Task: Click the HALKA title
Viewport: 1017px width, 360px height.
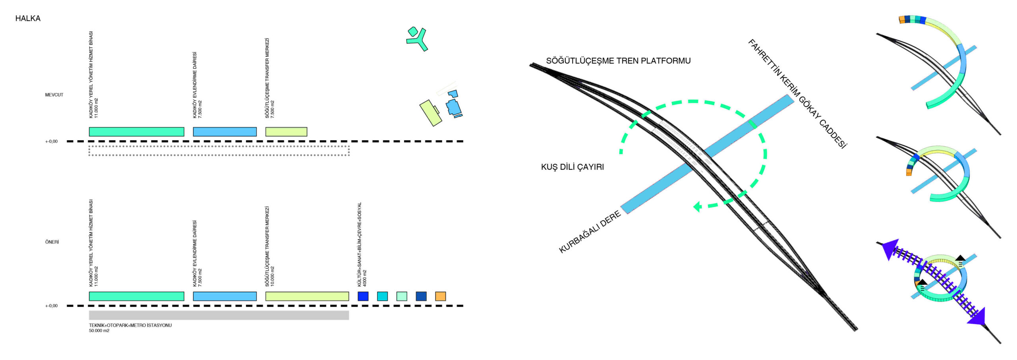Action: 28,18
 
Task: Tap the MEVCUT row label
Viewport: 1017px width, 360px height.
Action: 54,95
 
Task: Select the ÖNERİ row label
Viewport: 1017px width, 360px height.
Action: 52,242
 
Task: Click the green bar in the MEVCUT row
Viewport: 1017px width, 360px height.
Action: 136,132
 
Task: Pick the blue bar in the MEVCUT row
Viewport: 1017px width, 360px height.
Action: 224,132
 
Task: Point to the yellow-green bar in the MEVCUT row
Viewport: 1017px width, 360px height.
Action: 286,132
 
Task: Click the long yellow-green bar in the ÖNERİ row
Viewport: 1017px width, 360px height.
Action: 307,296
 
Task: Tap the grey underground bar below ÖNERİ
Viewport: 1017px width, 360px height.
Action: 218,315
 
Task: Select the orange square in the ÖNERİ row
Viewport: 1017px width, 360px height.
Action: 440,296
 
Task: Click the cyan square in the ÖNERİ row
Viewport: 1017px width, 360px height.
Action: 382,296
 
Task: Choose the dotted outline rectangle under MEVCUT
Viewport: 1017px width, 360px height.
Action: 218,151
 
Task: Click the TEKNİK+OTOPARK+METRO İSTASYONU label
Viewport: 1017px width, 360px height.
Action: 130,325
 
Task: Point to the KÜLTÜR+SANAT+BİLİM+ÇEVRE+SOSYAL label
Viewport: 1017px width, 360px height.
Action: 360,244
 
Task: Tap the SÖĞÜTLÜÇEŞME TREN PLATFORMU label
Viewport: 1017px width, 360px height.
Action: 618,61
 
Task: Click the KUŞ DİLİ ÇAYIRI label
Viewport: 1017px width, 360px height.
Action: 572,167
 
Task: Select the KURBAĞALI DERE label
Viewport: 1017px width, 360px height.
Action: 590,232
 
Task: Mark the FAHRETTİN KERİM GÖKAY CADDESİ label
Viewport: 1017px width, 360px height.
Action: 797,94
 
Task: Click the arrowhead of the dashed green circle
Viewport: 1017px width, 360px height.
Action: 697,207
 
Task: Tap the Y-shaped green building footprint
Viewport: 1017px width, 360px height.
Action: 418,40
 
